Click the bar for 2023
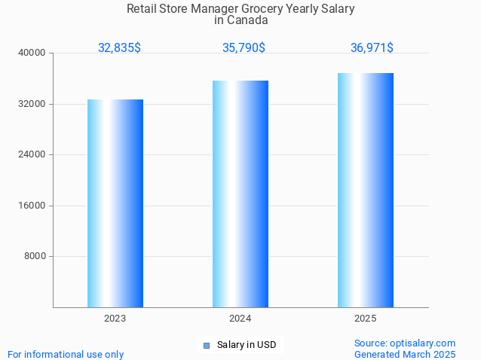115,203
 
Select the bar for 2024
240,194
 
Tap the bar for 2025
365,190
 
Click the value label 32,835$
119,47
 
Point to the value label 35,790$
244,47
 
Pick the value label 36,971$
372,47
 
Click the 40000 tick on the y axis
33,53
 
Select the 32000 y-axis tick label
33,104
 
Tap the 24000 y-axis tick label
33,154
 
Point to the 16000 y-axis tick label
33,206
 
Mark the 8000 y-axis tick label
35,256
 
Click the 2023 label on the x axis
115,319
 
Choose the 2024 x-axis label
240,319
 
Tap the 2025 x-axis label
365,319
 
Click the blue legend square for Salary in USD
206,346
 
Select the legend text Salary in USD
246,345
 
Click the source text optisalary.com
405,343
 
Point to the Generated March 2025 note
405,354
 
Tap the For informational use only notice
66,354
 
